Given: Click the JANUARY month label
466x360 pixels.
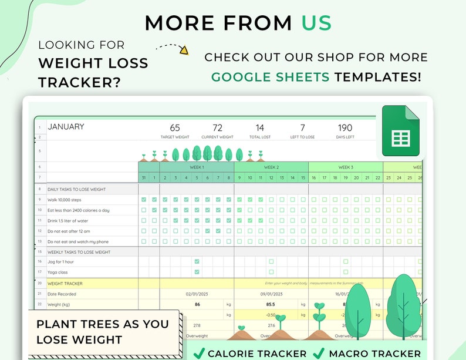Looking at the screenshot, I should (x=66, y=127).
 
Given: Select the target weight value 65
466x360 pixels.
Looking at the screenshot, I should (x=175, y=127).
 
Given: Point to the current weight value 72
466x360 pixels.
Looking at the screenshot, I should (x=217, y=127).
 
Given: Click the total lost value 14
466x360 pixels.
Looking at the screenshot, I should (x=259, y=127).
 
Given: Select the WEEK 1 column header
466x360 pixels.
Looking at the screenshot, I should (x=197, y=167).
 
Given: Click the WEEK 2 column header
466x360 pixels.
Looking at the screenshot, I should (x=271, y=167).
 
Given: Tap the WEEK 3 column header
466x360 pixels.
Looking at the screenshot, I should (x=346, y=167).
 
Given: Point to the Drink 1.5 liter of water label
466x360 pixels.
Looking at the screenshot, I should (x=73, y=221).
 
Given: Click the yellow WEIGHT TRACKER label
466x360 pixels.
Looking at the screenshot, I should (x=65, y=283).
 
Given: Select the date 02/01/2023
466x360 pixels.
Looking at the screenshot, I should (x=197, y=294).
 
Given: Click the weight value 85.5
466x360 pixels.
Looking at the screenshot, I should (x=271, y=304).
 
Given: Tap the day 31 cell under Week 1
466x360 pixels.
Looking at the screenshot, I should (x=144, y=178).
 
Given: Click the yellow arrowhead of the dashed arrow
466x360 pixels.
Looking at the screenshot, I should (x=184, y=51).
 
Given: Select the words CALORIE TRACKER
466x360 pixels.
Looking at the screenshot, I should (x=257, y=354).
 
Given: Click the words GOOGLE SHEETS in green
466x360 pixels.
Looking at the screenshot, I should (x=270, y=77).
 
